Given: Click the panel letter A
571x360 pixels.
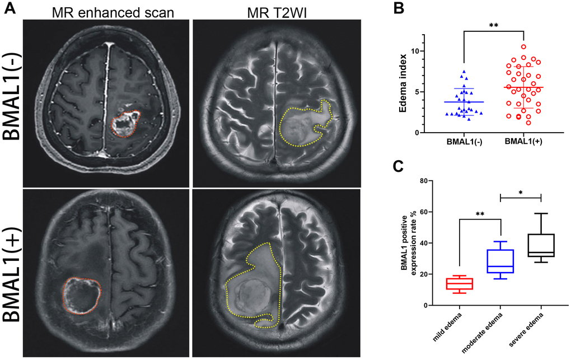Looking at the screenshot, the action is click(x=10, y=8).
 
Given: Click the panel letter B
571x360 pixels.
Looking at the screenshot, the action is click(x=399, y=8).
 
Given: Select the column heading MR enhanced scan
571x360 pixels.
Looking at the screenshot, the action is click(x=113, y=13).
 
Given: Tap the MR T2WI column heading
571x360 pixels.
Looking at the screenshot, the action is click(x=277, y=13).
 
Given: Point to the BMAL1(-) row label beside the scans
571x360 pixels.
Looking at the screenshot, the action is click(x=12, y=96).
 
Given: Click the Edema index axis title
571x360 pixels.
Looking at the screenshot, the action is click(x=402, y=83).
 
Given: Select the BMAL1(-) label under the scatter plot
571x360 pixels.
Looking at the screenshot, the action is click(x=464, y=142).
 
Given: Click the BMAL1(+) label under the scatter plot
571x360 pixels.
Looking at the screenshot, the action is click(x=523, y=142).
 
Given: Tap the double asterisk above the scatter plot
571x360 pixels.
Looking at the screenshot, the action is click(x=493, y=26).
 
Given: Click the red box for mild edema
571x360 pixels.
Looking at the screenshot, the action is click(x=460, y=284).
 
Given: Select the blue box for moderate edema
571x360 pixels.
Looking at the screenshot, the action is click(x=500, y=261).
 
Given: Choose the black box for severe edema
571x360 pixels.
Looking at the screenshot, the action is click(x=541, y=245).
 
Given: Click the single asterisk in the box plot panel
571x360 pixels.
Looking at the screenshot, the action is click(x=521, y=192).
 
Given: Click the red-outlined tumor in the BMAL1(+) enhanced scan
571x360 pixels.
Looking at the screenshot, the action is click(x=82, y=296).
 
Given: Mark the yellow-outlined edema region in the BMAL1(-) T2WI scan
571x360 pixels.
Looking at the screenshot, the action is click(x=305, y=123).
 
